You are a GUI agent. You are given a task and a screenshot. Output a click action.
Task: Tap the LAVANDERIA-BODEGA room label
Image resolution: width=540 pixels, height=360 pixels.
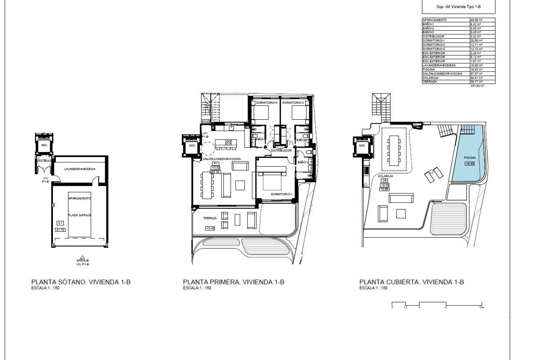[80, 169]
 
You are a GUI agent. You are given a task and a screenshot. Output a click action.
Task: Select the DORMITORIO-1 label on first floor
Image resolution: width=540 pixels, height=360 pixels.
[282, 194]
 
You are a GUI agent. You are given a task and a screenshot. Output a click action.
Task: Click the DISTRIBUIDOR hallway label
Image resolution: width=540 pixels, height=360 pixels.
[281, 151]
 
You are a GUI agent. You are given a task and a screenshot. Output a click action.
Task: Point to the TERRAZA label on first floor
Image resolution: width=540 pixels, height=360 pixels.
[210, 218]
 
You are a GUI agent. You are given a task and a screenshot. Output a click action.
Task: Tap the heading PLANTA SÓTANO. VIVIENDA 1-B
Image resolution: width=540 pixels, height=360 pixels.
[81, 282]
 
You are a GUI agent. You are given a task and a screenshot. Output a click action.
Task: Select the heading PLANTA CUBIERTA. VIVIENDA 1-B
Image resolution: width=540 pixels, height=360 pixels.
[411, 282]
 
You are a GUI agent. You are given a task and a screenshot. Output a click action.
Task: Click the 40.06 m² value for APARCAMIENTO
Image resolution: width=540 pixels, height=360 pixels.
[476, 20]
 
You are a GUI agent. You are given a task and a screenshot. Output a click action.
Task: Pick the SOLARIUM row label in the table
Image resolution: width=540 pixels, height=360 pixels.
[430, 78]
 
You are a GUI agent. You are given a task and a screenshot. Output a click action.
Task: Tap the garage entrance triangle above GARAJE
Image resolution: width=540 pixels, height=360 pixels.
[82, 257]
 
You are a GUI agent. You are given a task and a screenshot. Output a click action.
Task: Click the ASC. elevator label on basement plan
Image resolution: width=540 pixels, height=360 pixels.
[44, 145]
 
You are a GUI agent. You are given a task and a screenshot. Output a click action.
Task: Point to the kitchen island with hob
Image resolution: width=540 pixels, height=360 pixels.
[223, 142]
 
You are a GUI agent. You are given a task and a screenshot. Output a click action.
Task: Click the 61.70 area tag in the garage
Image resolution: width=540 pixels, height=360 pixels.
[60, 230]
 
